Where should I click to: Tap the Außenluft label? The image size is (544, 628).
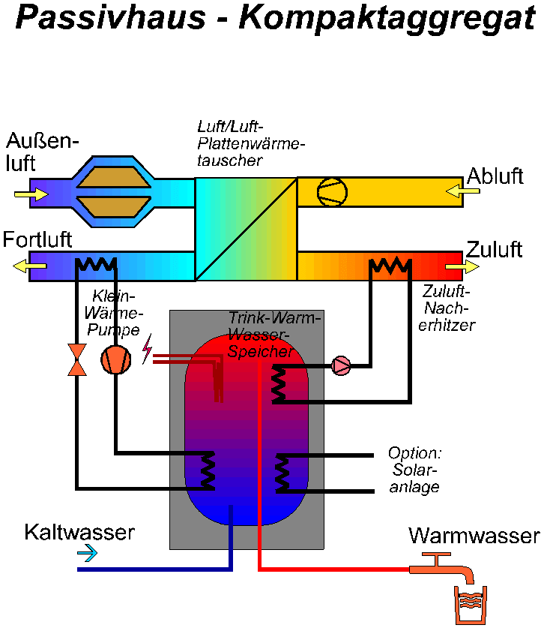pyautogui.click(x=41, y=152)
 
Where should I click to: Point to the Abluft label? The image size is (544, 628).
pyautogui.click(x=495, y=177)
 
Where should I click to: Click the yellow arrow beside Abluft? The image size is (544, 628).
pyautogui.click(x=462, y=192)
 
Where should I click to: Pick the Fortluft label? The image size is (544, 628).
pyautogui.click(x=37, y=240)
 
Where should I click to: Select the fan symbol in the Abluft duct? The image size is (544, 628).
pyautogui.click(x=332, y=191)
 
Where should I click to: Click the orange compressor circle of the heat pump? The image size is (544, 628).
pyautogui.click(x=116, y=360)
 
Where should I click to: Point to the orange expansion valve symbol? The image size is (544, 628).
pyautogui.click(x=76, y=359)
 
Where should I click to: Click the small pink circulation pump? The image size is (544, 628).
pyautogui.click(x=341, y=366)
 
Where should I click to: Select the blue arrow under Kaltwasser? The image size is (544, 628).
pyautogui.click(x=88, y=554)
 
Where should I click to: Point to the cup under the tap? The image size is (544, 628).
pyautogui.click(x=469, y=606)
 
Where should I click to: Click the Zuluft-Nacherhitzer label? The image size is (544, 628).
pyautogui.click(x=448, y=308)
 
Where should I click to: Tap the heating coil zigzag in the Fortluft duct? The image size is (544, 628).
pyautogui.click(x=96, y=264)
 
